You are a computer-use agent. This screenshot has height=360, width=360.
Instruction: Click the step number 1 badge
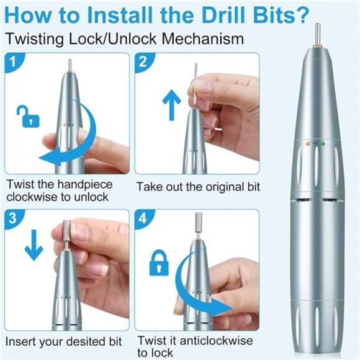(15, 62)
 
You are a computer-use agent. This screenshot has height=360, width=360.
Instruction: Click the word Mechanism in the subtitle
(204, 39)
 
